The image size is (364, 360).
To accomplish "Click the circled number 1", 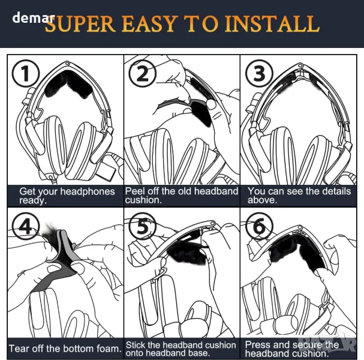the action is [26, 73].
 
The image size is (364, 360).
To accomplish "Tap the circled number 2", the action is [142, 73].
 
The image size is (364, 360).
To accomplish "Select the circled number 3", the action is [259, 73].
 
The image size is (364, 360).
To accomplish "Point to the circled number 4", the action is [26, 226].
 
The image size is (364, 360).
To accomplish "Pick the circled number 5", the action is [142, 226].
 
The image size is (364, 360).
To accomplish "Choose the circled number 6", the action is [259, 226].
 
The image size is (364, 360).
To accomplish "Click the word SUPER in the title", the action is [80, 23].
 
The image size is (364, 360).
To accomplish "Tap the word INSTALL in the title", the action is [272, 23].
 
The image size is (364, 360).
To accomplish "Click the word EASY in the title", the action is [149, 23].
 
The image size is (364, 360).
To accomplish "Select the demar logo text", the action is [34, 17].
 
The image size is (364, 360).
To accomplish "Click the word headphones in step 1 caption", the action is [88, 191].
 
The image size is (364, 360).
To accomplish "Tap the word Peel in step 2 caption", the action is [135, 191].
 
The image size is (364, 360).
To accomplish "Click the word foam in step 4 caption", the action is [109, 349].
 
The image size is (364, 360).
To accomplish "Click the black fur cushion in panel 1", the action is [68, 84].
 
